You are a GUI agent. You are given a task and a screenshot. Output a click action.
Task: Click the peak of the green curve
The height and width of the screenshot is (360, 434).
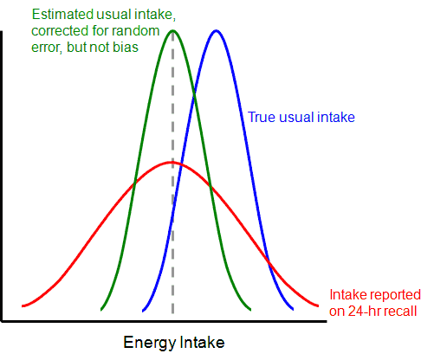(x=174, y=30)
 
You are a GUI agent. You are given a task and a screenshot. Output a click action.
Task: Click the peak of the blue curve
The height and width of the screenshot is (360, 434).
(x=216, y=30)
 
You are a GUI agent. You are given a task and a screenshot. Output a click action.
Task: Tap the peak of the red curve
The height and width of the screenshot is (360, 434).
(x=172, y=162)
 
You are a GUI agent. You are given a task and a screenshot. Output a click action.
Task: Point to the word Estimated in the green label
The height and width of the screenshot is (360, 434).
(x=61, y=15)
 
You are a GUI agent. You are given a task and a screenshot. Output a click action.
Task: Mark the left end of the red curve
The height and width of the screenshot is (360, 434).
(x=23, y=305)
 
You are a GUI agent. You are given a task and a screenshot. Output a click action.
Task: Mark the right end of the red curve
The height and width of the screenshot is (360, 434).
(x=322, y=305)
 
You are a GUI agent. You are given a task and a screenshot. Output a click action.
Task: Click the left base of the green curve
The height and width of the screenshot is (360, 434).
(x=101, y=309)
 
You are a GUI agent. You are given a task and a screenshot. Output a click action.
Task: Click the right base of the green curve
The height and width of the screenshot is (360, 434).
(x=251, y=309)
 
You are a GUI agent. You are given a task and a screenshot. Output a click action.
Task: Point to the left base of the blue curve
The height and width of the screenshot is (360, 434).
(x=140, y=309)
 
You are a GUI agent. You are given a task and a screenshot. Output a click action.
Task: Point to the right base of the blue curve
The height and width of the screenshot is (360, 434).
(x=294, y=309)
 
